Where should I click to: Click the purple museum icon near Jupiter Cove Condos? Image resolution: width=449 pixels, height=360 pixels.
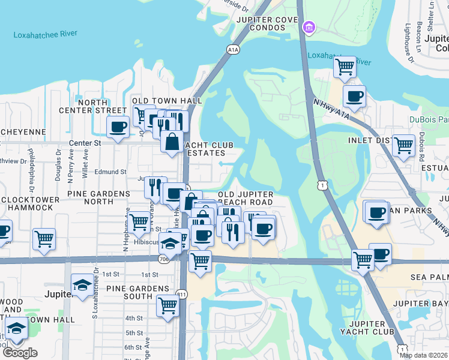pyautogui.click(x=309, y=27)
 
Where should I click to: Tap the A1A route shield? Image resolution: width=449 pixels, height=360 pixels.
pyautogui.click(x=234, y=49)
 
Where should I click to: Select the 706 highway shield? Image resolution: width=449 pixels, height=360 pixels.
pyautogui.click(x=164, y=259)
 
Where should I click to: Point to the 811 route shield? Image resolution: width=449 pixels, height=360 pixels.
pyautogui.click(x=182, y=294)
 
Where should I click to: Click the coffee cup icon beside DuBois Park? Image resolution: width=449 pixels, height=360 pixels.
pyautogui.click(x=354, y=95)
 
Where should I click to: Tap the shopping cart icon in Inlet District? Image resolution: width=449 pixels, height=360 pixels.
pyautogui.click(x=403, y=144)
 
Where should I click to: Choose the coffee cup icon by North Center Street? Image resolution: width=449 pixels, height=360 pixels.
pyautogui.click(x=117, y=127)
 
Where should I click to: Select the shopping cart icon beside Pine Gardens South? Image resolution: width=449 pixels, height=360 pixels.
pyautogui.click(x=167, y=305)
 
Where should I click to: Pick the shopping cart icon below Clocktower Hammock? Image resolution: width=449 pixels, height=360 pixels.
pyautogui.click(x=44, y=239)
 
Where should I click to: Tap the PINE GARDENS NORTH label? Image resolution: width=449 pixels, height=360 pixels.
pyautogui.click(x=98, y=194)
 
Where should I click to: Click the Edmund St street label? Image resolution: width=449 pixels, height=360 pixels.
pyautogui.click(x=110, y=172)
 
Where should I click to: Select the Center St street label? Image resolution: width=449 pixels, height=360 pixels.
pyautogui.click(x=84, y=143)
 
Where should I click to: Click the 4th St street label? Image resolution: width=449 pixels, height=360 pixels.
pyautogui.click(x=134, y=318)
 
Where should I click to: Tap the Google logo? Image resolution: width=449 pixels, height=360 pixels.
pyautogui.click(x=20, y=352)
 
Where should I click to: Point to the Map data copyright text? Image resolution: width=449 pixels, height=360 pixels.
pyautogui.click(x=423, y=355)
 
